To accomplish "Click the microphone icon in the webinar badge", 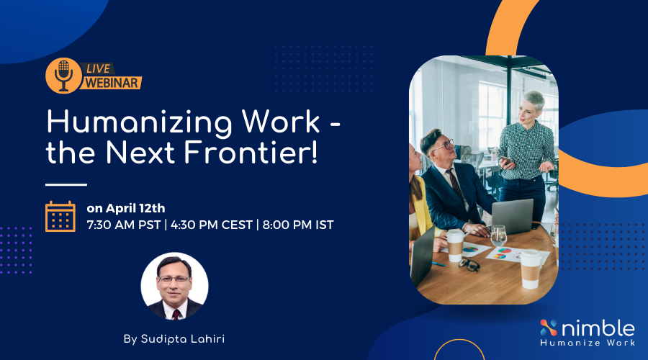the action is pos(63,75).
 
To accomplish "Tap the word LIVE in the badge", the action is pos(98,68).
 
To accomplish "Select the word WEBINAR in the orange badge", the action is pos(112,83).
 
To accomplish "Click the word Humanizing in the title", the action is pos(139,123).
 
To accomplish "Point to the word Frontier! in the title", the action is pos(251,152).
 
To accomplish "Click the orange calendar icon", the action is pos(60,216).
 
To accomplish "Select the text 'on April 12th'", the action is pos(125,208).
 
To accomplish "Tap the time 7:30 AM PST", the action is pos(123,225).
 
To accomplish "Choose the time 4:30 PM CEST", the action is pos(211,225).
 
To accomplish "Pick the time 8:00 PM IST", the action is pos(298,225).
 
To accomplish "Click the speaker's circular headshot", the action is pos(174,286).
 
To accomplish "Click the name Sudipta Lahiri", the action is pos(183,339).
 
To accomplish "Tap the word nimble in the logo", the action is pos(598,328).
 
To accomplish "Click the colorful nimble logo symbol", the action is pos(549,328).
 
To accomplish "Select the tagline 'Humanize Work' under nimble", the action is pos(588,343).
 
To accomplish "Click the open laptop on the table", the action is pos(512,217).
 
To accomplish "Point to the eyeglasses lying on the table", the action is pos(469,264).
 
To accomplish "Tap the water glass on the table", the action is pos(498,235).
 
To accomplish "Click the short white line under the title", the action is pos(66,185).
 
